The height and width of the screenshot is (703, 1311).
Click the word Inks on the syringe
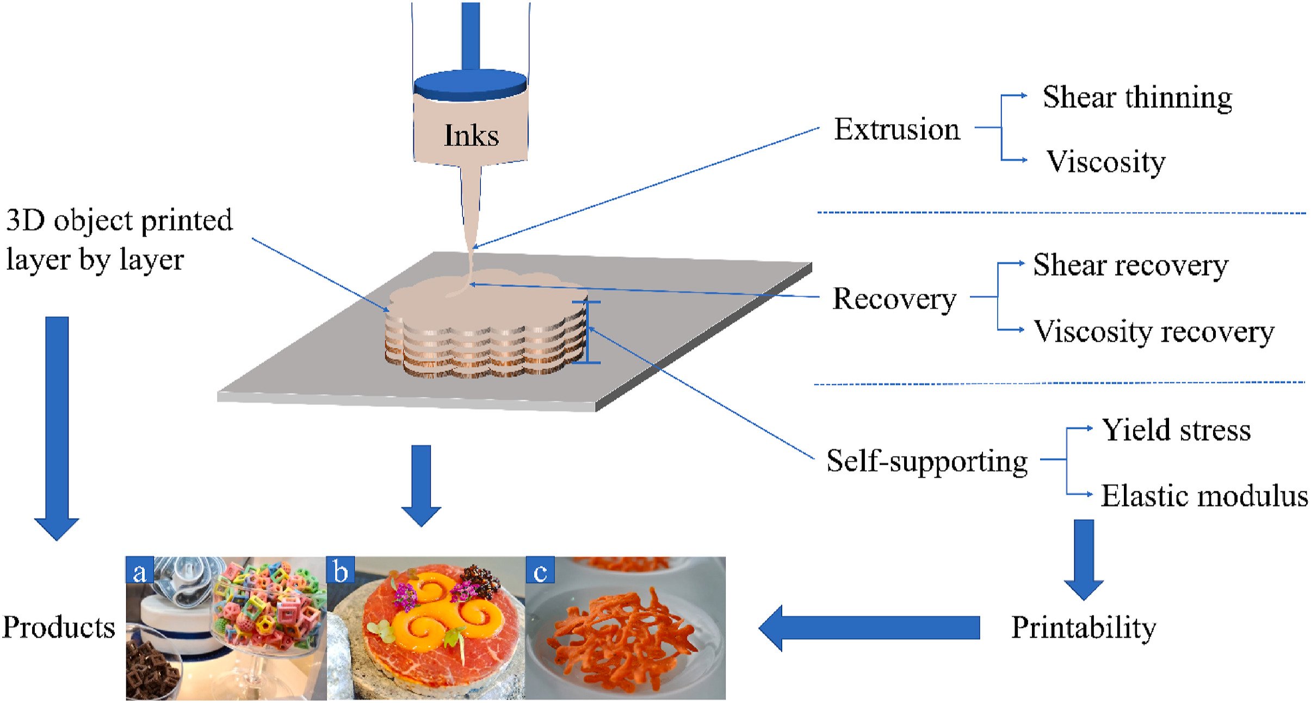coord(471,135)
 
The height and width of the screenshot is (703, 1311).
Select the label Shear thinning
coord(1137,98)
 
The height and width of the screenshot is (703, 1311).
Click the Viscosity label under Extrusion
coord(1106,162)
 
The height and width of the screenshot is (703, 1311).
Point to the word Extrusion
coord(897,129)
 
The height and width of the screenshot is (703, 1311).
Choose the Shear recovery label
coord(1130,266)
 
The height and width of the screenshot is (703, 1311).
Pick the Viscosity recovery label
coord(1153,331)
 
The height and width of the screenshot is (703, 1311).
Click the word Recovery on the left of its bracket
coord(894,299)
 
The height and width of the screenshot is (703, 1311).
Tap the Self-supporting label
coord(927,461)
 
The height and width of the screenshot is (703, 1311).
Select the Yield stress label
coord(1176,430)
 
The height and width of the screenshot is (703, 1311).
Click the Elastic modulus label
coord(1204,496)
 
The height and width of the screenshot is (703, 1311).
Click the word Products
coord(59,627)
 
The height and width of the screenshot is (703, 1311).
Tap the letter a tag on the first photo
coord(140,570)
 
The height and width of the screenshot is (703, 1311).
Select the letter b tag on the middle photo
coord(341,570)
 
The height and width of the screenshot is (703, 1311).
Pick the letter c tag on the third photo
coord(540,570)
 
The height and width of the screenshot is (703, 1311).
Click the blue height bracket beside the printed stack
coord(586,332)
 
